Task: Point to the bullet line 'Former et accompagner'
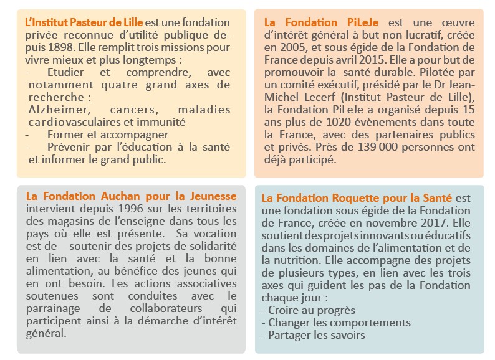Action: click(99, 135)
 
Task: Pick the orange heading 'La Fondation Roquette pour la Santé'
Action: click(360, 198)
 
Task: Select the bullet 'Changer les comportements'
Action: click(339, 323)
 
